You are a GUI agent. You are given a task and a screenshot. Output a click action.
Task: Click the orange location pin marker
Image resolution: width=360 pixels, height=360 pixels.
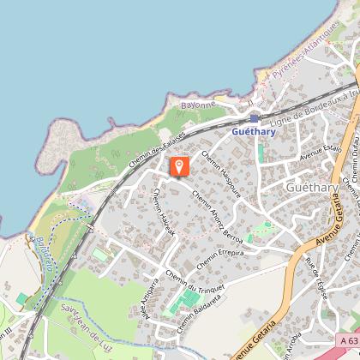pyautogui.click(x=179, y=166)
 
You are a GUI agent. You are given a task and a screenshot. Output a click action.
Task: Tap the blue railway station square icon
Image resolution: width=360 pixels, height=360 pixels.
pyautogui.click(x=255, y=119)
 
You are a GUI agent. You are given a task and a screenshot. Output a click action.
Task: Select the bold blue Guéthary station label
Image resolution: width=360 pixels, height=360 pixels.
pyautogui.click(x=255, y=132)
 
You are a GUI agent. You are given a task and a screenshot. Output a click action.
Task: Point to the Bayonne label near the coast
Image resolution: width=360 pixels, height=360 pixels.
pyautogui.click(x=198, y=105)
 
